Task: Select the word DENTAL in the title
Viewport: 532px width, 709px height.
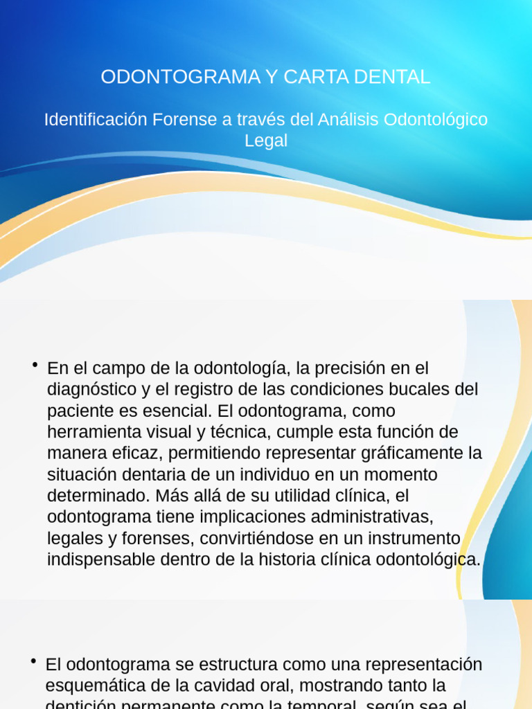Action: click(392, 77)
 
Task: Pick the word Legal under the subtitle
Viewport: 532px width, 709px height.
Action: click(266, 140)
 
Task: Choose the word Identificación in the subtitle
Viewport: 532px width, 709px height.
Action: click(96, 119)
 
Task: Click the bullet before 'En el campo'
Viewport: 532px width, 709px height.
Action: click(34, 365)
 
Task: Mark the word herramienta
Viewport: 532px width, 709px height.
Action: click(97, 432)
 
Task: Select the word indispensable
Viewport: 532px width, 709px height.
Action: click(101, 559)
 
